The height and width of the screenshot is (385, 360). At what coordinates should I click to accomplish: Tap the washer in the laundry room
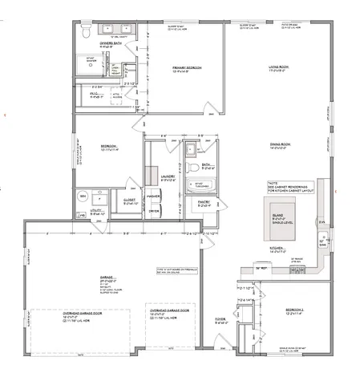click(154, 197)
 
